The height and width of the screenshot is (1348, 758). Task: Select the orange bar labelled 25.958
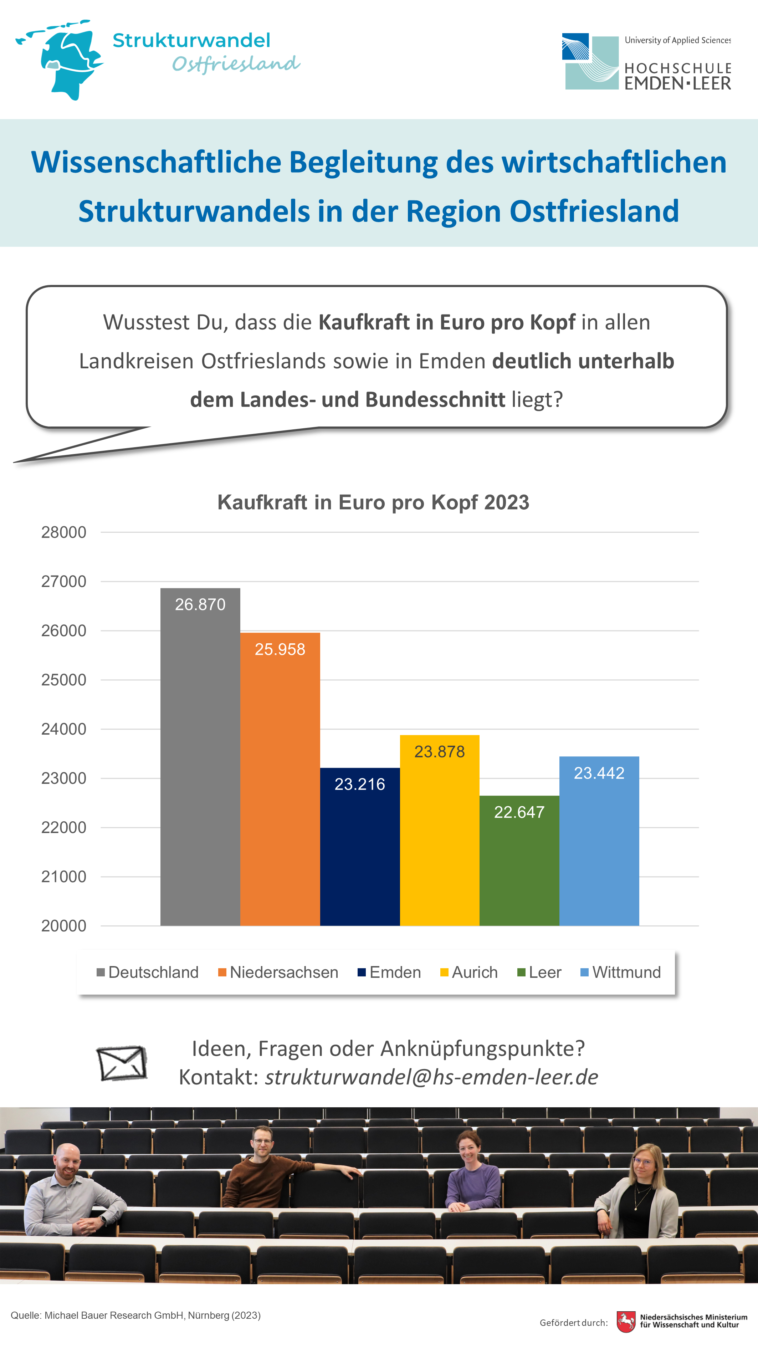click(x=280, y=779)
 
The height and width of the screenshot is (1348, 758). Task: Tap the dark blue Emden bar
click(x=360, y=847)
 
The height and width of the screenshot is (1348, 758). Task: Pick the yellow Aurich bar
click(x=439, y=831)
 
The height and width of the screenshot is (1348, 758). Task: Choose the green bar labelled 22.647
click(x=519, y=861)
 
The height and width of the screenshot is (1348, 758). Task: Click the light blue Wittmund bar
click(x=599, y=841)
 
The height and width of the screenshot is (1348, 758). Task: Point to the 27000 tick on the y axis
click(x=64, y=581)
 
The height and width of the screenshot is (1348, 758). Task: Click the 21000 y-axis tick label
click(x=64, y=877)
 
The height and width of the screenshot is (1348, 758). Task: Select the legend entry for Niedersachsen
click(x=278, y=972)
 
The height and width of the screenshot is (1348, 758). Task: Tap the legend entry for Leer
click(x=539, y=972)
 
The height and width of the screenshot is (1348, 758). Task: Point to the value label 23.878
click(x=439, y=751)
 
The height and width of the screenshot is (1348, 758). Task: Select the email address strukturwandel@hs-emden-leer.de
click(x=431, y=1077)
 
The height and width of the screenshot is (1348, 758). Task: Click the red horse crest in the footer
click(x=626, y=1321)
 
